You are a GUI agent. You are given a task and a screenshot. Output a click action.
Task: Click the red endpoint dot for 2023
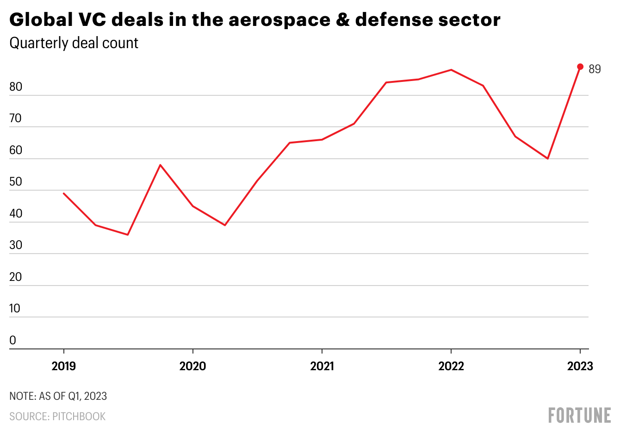click(x=580, y=67)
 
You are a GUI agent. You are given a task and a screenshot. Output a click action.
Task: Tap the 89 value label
click(x=595, y=69)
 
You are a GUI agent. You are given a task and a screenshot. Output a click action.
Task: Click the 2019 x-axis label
click(x=64, y=366)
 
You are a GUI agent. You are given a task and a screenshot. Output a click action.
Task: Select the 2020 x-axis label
click(x=193, y=366)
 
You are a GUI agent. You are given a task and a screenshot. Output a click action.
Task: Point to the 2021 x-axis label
click(x=322, y=366)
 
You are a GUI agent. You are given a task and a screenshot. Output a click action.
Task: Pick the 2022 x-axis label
click(x=451, y=366)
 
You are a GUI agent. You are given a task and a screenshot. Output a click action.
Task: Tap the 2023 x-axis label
click(x=580, y=366)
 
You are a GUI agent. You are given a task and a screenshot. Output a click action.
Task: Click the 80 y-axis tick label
click(x=16, y=87)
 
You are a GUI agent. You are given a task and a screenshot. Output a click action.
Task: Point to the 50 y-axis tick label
click(x=16, y=182)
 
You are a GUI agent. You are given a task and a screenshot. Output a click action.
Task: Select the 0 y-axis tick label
click(x=13, y=341)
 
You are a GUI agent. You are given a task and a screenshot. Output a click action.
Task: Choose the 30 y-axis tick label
click(x=16, y=245)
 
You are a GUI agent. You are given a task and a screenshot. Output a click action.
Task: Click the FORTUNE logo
click(x=579, y=415)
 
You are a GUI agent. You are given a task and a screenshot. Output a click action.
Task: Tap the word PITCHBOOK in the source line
click(x=79, y=416)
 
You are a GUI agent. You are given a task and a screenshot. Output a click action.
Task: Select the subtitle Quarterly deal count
click(x=74, y=43)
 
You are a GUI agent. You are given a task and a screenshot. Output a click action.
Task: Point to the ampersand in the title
click(x=343, y=20)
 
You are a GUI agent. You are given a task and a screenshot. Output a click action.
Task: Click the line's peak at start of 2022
click(x=451, y=70)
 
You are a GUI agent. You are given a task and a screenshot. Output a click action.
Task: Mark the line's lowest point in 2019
click(x=128, y=235)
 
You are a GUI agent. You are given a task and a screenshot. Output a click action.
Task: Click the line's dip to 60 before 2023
click(x=548, y=159)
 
